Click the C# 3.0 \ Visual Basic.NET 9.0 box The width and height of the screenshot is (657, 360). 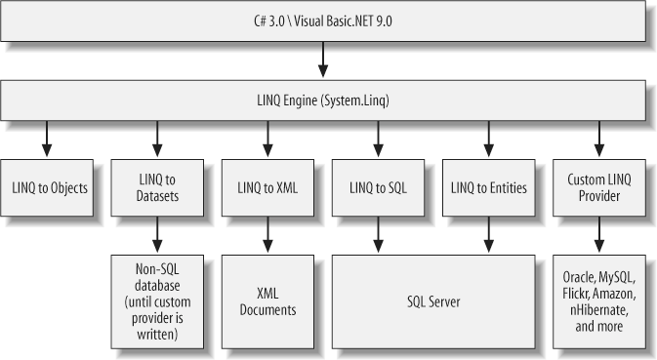323,20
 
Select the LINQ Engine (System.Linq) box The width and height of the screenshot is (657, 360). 323,100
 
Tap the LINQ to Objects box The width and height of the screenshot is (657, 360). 49,184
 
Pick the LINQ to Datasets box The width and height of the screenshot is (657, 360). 157,184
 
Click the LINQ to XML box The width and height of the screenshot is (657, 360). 267,184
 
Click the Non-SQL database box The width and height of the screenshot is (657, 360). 157,300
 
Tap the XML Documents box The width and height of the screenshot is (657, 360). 267,300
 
